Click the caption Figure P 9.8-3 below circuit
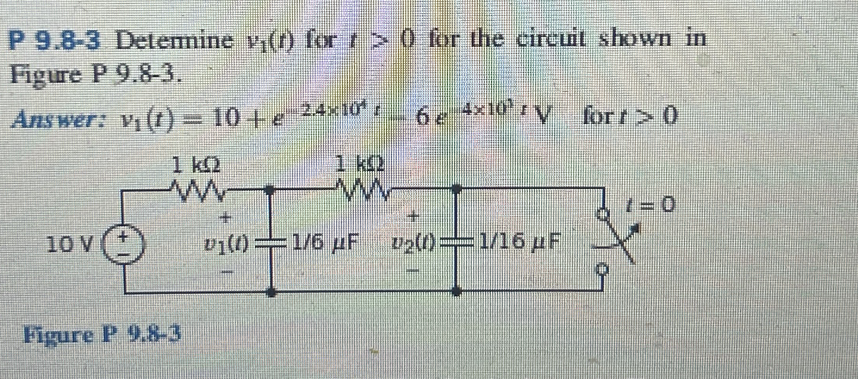point(101,335)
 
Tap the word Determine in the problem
point(175,41)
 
